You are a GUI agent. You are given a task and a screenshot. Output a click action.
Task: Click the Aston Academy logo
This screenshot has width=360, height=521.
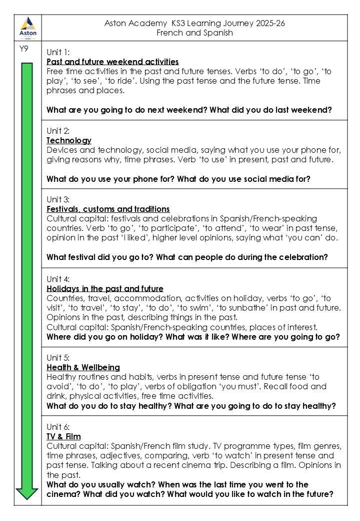click(27, 27)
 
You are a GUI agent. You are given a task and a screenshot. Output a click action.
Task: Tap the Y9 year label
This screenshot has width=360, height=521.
click(23, 49)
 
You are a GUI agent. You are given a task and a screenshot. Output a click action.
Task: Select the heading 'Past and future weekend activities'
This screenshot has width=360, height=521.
click(112, 62)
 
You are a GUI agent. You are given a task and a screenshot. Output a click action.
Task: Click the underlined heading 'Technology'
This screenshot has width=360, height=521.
click(69, 140)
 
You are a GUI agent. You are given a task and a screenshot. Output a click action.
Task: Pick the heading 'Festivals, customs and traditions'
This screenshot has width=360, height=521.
click(108, 209)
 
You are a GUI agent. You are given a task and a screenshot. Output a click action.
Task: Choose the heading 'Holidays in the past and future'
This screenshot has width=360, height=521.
click(105, 289)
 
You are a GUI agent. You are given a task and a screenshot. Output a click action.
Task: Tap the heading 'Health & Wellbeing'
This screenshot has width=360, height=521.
click(83, 367)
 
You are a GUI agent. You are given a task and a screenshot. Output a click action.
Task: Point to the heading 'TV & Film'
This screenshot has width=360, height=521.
click(63, 436)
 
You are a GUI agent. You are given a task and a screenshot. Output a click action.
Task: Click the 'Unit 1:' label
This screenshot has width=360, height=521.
click(58, 52)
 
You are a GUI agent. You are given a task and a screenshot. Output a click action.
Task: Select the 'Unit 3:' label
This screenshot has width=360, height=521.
click(58, 199)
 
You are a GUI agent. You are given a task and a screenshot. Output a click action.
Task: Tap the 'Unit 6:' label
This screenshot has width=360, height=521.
click(58, 427)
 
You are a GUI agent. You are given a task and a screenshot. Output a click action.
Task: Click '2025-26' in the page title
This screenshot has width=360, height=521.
click(264, 23)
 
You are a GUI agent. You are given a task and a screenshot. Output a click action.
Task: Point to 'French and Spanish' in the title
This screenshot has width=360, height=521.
click(194, 33)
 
